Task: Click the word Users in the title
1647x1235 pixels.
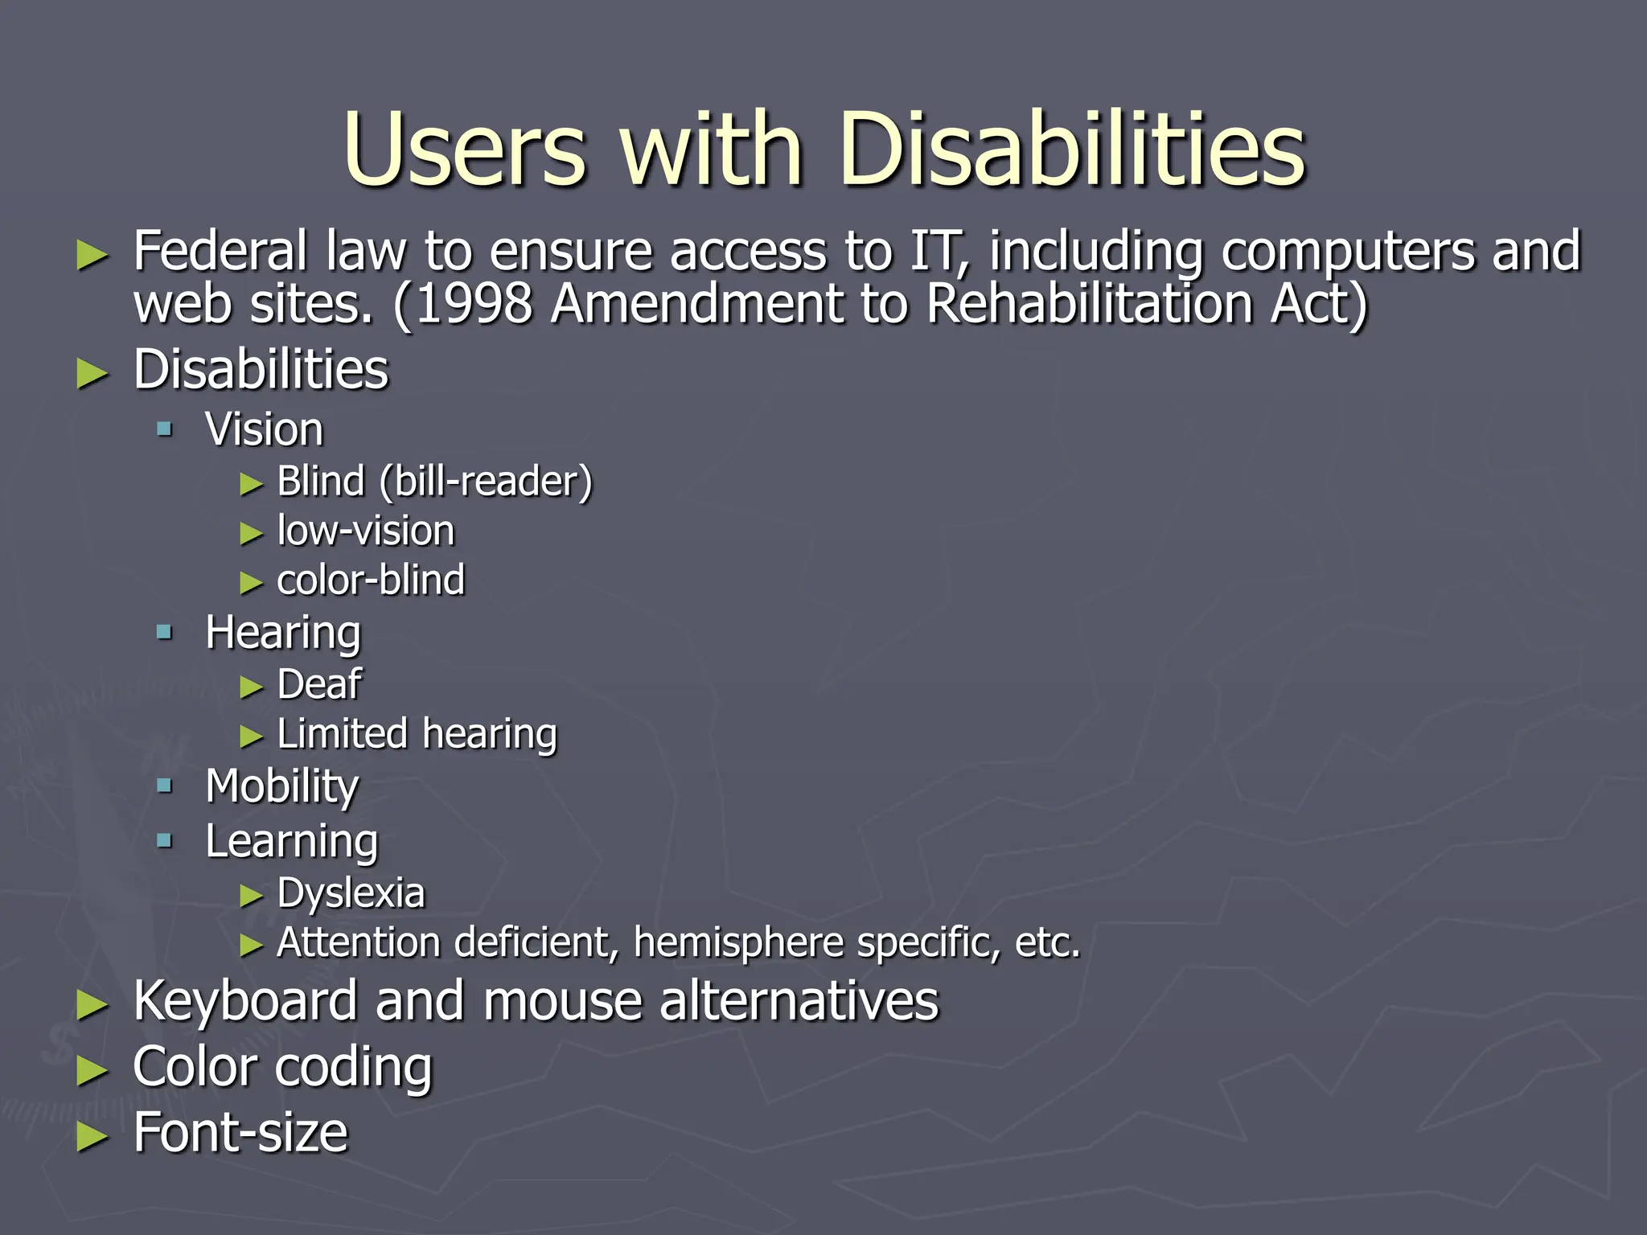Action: coord(464,150)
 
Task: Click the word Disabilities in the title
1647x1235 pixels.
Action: coord(1072,150)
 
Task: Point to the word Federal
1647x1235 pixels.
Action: coord(220,251)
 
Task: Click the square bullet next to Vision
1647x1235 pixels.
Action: coord(165,429)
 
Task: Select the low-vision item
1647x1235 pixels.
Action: coord(366,531)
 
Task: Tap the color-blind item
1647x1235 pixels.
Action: coord(371,581)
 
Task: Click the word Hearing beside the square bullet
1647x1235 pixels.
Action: coord(283,633)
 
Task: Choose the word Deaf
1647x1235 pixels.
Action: coord(319,685)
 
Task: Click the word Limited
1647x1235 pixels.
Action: coord(342,734)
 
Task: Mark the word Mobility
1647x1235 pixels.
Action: coord(282,786)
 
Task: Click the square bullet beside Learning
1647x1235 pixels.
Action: coord(165,841)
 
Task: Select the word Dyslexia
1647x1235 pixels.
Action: coord(351,893)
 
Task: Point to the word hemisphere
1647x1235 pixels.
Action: coord(737,943)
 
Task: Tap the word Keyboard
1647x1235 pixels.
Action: coord(244,1002)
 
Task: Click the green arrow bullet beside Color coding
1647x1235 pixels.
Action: coord(92,1071)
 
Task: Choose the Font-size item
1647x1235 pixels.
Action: coord(240,1132)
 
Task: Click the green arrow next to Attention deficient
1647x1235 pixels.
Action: coord(252,946)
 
